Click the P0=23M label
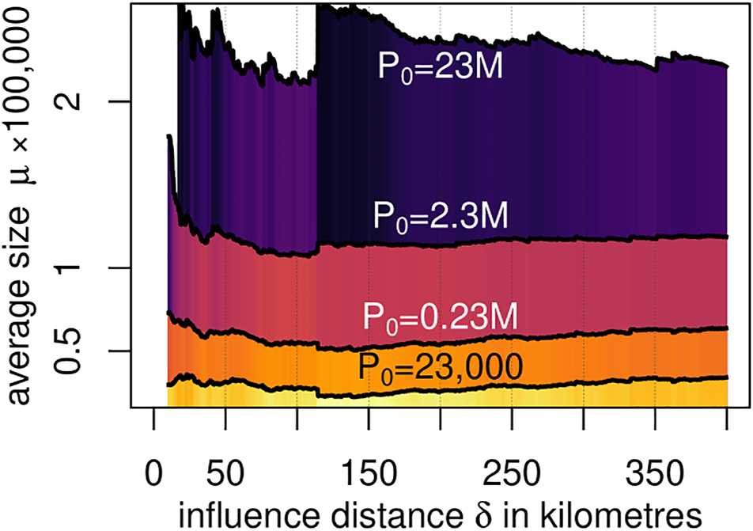(439, 70)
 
